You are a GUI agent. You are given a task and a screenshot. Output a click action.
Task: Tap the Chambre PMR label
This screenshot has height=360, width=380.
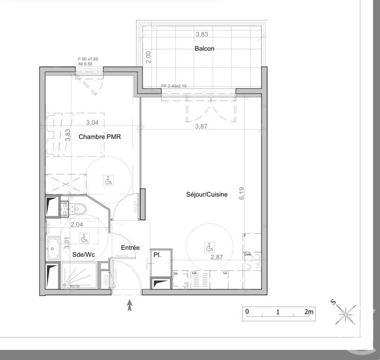coord(100,136)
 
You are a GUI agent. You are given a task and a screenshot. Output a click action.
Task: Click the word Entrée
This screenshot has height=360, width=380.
coord(130,247)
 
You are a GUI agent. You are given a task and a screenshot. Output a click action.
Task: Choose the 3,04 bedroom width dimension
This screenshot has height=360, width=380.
coord(92,123)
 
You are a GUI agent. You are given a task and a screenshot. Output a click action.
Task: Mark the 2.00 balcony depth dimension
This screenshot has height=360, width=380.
coord(149,57)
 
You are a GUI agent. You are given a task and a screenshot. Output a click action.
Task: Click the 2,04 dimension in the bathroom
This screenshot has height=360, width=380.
coord(77,224)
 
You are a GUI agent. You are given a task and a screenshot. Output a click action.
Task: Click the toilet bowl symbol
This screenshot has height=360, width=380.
coord(81,209)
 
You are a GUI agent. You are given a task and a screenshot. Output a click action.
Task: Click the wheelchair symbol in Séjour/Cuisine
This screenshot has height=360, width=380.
coord(208,246)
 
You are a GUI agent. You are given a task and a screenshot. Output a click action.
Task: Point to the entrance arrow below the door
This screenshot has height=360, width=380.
coord(130,305)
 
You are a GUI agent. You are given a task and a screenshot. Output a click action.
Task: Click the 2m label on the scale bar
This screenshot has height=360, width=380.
coord(309,311)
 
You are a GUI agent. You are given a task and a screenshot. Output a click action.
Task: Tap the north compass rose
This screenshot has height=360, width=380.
coord(346,313)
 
